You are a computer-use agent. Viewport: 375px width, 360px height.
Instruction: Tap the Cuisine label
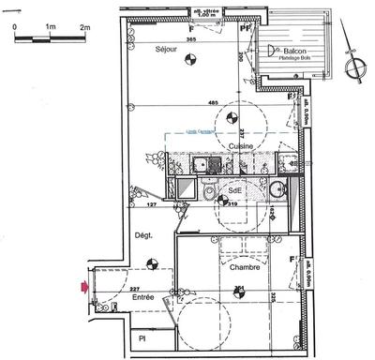[x=241, y=148]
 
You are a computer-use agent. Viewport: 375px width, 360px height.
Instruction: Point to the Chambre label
[x=244, y=268]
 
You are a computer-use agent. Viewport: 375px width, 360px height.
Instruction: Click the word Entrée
[x=143, y=297]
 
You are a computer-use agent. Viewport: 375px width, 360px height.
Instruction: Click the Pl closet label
[x=142, y=338]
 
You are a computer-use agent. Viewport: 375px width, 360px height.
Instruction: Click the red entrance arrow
[x=86, y=287]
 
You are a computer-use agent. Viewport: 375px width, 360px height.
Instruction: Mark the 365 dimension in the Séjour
[x=189, y=40]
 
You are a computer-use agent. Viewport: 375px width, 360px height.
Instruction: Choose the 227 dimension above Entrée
[x=135, y=289]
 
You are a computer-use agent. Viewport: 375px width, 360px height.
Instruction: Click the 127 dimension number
[x=151, y=202]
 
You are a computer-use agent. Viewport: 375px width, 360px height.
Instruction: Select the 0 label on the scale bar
[x=15, y=27]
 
